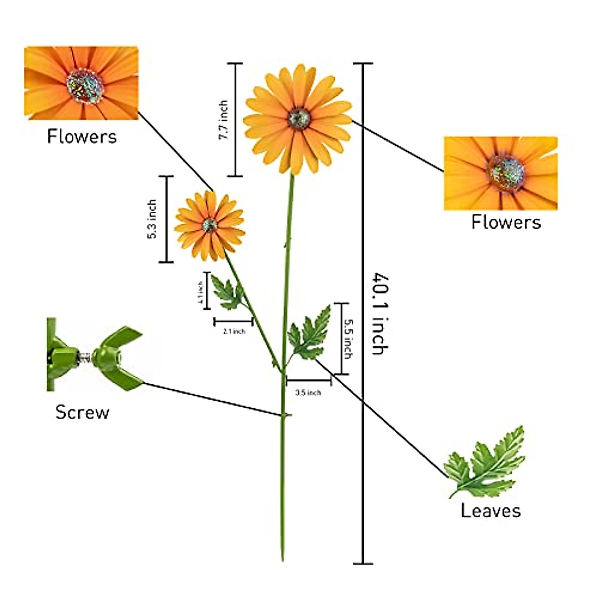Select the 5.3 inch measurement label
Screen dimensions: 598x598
pyautogui.click(x=152, y=219)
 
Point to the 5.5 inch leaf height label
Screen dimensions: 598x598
pyautogui.click(x=347, y=338)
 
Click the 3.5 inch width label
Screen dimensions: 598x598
pyautogui.click(x=308, y=393)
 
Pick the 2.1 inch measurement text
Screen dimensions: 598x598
pyautogui.click(x=234, y=331)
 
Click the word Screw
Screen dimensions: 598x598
pyautogui.click(x=82, y=412)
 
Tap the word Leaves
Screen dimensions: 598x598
pyautogui.click(x=491, y=510)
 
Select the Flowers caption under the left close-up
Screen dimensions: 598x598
pyautogui.click(x=82, y=136)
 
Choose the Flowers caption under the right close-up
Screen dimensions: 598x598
pyautogui.click(x=506, y=222)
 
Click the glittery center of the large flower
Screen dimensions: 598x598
pyautogui.click(x=299, y=118)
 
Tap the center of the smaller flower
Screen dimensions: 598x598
pyautogui.click(x=210, y=225)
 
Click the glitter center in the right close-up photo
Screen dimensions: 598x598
pyautogui.click(x=506, y=172)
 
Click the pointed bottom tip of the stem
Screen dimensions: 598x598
pyautogui.click(x=283, y=559)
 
